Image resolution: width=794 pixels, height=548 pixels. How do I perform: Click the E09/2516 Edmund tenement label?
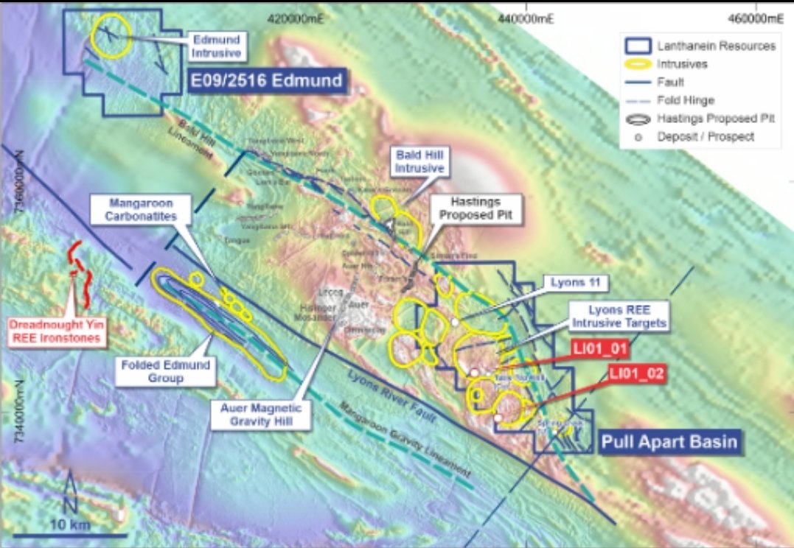[x=268, y=80]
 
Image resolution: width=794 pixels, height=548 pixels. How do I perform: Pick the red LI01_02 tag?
[x=637, y=374]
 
